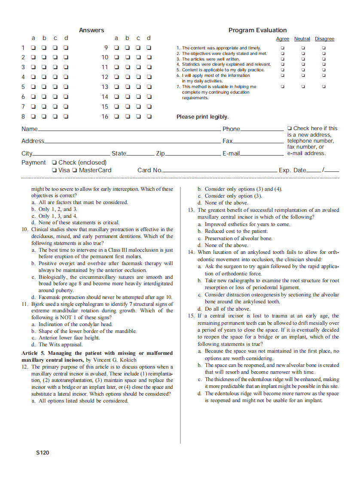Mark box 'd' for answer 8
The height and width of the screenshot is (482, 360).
click(x=66, y=116)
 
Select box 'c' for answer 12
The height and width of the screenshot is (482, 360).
click(x=138, y=77)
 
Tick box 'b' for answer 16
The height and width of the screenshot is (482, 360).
click(x=127, y=116)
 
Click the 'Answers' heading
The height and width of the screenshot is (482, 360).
click(x=92, y=30)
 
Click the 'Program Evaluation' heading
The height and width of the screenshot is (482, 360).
click(x=257, y=30)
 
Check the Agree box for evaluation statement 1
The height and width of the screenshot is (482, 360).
click(x=282, y=48)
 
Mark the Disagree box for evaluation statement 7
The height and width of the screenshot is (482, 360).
click(x=324, y=86)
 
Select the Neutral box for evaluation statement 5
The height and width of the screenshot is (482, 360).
click(x=303, y=70)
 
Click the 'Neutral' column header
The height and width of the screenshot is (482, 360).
click(x=302, y=39)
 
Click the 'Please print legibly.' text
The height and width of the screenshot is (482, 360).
click(x=202, y=117)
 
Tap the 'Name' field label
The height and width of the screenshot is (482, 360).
click(x=30, y=129)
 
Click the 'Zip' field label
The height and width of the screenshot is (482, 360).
click(x=160, y=153)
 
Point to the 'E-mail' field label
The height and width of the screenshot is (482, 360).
click(x=231, y=153)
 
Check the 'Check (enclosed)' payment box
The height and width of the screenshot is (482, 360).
click(x=54, y=162)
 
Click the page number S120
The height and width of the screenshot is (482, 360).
click(x=43, y=452)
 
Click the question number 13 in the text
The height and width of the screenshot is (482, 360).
click(x=191, y=210)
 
